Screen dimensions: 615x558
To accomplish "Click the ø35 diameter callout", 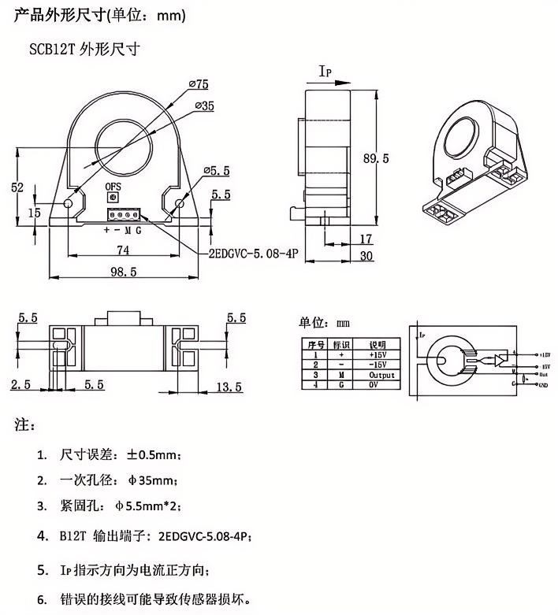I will click(203, 106).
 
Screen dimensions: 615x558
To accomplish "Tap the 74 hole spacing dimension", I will click(124, 250).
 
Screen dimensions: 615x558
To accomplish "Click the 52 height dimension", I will click(18, 187).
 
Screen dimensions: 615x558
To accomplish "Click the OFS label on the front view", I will click(116, 187).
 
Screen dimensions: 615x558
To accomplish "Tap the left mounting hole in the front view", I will click(69, 204).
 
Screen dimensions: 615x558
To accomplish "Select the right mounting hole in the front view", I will click(180, 204).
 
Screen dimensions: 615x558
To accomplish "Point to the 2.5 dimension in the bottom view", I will click(20, 385).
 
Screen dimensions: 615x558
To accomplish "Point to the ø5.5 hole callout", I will click(215, 170).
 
